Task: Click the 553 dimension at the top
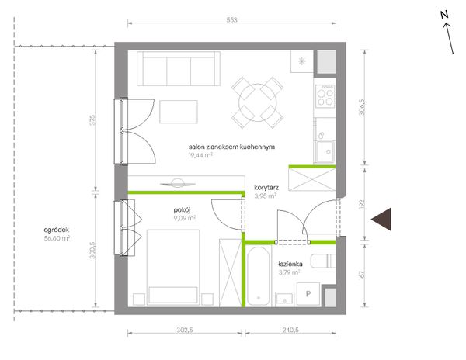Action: pos(231,20)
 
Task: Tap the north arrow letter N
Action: pos(444,15)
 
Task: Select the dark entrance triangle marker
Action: pos(381,219)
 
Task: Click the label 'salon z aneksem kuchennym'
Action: pos(231,147)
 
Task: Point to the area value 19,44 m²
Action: pos(200,155)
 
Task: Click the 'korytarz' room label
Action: pos(266,188)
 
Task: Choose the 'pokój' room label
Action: pos(182,210)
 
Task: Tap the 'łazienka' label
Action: pos(290,264)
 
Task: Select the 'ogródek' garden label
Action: pos(57,230)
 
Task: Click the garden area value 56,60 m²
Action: pos(57,238)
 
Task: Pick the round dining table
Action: pos(257,102)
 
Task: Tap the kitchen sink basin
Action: pos(325,151)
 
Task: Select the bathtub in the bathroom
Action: pos(259,276)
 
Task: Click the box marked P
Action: pos(308,294)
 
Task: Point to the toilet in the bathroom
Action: pos(323,261)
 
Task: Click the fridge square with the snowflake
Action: pos(302,61)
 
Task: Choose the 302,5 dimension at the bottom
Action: pos(185,330)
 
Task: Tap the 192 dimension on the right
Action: pos(361,204)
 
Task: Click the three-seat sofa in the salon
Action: pos(179,68)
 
